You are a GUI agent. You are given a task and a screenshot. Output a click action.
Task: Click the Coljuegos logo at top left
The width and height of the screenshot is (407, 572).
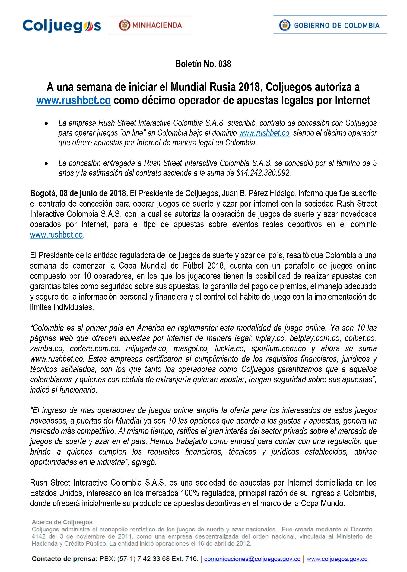tap(62, 26)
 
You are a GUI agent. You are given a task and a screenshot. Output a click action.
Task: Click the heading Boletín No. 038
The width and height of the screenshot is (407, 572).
tap(203, 64)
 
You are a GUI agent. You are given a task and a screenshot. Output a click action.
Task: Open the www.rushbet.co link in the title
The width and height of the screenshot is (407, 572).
tap(73, 101)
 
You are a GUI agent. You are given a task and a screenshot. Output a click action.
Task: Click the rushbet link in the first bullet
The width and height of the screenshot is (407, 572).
tap(264, 133)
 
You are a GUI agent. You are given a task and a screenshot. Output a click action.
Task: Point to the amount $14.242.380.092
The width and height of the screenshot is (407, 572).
tap(263, 173)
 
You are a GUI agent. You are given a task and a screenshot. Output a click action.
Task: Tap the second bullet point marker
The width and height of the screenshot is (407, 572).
tap(46, 164)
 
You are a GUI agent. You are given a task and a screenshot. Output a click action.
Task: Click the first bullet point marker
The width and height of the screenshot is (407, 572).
tap(46, 123)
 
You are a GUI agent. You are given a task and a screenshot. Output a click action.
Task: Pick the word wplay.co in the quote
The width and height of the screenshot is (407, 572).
tap(270, 338)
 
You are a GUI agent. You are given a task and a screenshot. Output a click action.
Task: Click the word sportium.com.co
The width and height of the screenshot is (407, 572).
tap(279, 349)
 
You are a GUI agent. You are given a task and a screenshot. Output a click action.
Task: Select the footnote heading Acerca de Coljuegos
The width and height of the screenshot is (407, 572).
tap(62, 522)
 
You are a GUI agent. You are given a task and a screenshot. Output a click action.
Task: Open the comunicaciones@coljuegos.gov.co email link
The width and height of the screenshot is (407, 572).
tap(252, 559)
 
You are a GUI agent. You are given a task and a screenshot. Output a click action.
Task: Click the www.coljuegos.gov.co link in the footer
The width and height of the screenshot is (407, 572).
tap(337, 559)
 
